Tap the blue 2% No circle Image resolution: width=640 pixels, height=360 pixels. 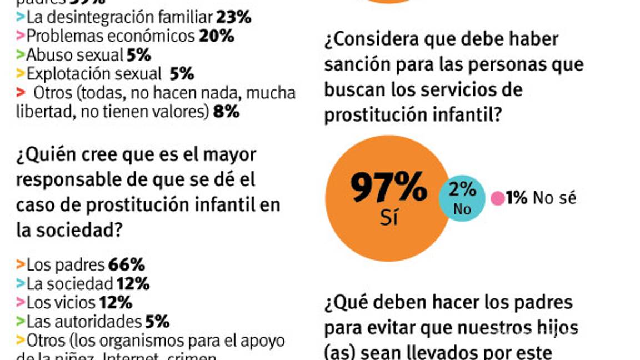462,199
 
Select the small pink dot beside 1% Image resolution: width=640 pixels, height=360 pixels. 498,198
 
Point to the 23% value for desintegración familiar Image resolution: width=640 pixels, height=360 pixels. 234,17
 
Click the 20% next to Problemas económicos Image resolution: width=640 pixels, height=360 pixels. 217,36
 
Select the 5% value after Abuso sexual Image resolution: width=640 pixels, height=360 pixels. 139,55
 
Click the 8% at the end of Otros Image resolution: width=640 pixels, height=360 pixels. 226,112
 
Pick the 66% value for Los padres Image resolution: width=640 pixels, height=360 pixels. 127,264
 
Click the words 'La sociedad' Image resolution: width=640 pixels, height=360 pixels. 69,283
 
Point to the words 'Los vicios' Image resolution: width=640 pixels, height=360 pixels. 61,302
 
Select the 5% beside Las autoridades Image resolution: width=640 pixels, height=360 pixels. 157,321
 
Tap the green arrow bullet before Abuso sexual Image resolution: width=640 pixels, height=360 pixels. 21,55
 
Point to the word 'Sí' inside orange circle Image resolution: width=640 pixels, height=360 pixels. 389,218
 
